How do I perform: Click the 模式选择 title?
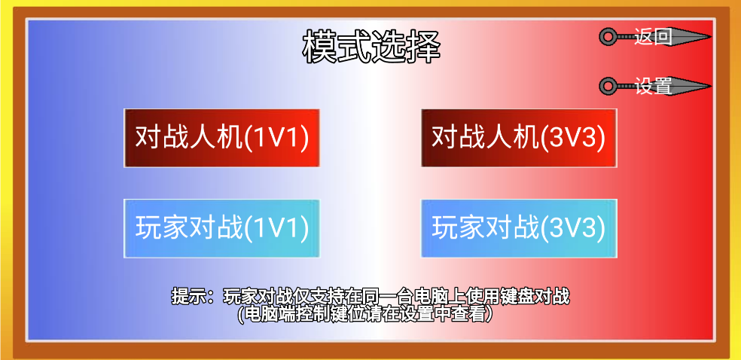370,47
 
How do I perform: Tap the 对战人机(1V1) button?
222,138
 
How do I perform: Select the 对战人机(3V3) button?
519,138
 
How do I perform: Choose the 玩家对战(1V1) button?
222,227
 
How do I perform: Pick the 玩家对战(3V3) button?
519,227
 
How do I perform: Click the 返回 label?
653,36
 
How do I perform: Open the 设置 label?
653,87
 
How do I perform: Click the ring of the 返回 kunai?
608,36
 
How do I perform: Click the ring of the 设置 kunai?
608,87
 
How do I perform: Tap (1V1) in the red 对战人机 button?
277,138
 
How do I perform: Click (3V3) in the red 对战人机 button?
574,138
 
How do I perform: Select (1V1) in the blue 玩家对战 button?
277,227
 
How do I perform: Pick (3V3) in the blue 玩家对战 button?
574,227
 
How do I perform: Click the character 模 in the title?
319,47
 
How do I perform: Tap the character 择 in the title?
423,47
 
